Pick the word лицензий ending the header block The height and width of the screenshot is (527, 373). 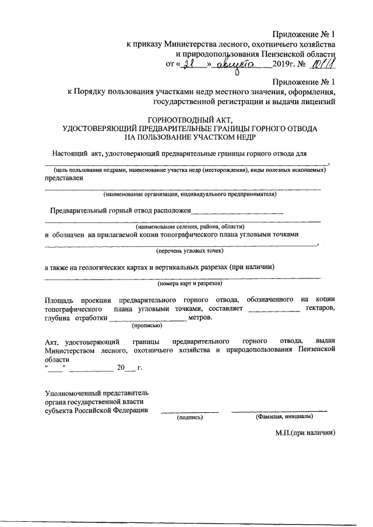pyautogui.click(x=319, y=101)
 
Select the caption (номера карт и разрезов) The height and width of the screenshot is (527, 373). pyautogui.click(x=189, y=284)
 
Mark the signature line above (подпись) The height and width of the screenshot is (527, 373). pyautogui.click(x=189, y=412)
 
